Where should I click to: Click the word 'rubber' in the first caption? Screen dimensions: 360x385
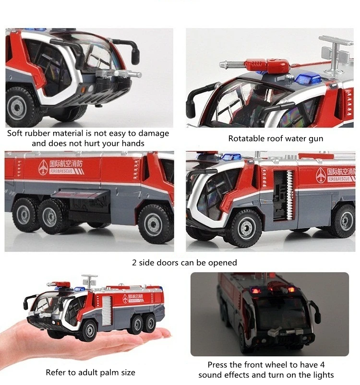click(x=38, y=133)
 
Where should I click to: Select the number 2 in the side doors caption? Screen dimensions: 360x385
click(x=134, y=263)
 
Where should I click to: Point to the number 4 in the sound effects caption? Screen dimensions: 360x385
click(x=322, y=365)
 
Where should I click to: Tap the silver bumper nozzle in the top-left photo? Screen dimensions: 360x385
click(x=118, y=74)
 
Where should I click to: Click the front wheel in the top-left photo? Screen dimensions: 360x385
click(x=18, y=106)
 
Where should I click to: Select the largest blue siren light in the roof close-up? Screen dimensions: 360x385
click(x=308, y=79)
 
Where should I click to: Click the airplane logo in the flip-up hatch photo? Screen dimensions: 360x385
click(x=43, y=167)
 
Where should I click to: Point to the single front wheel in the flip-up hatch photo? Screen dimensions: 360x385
click(x=154, y=223)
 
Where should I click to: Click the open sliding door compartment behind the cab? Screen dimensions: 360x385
click(x=283, y=195)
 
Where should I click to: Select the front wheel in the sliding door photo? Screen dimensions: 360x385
click(x=245, y=227)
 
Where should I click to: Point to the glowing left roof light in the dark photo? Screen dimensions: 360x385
click(x=255, y=291)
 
